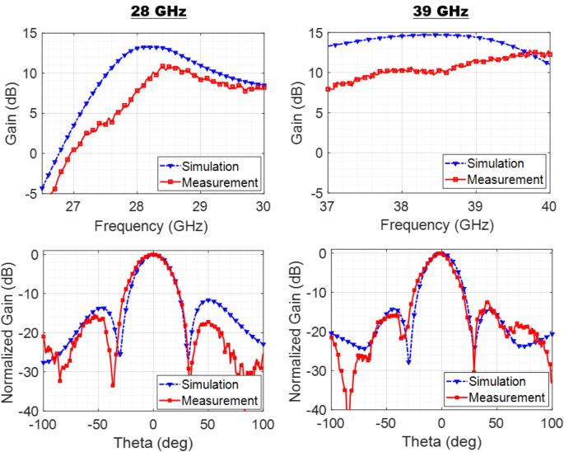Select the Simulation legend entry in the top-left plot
tap(219, 163)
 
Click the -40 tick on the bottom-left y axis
tap(26, 411)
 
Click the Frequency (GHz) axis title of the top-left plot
tap(152, 225)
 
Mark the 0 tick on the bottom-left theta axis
tap(153, 424)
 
